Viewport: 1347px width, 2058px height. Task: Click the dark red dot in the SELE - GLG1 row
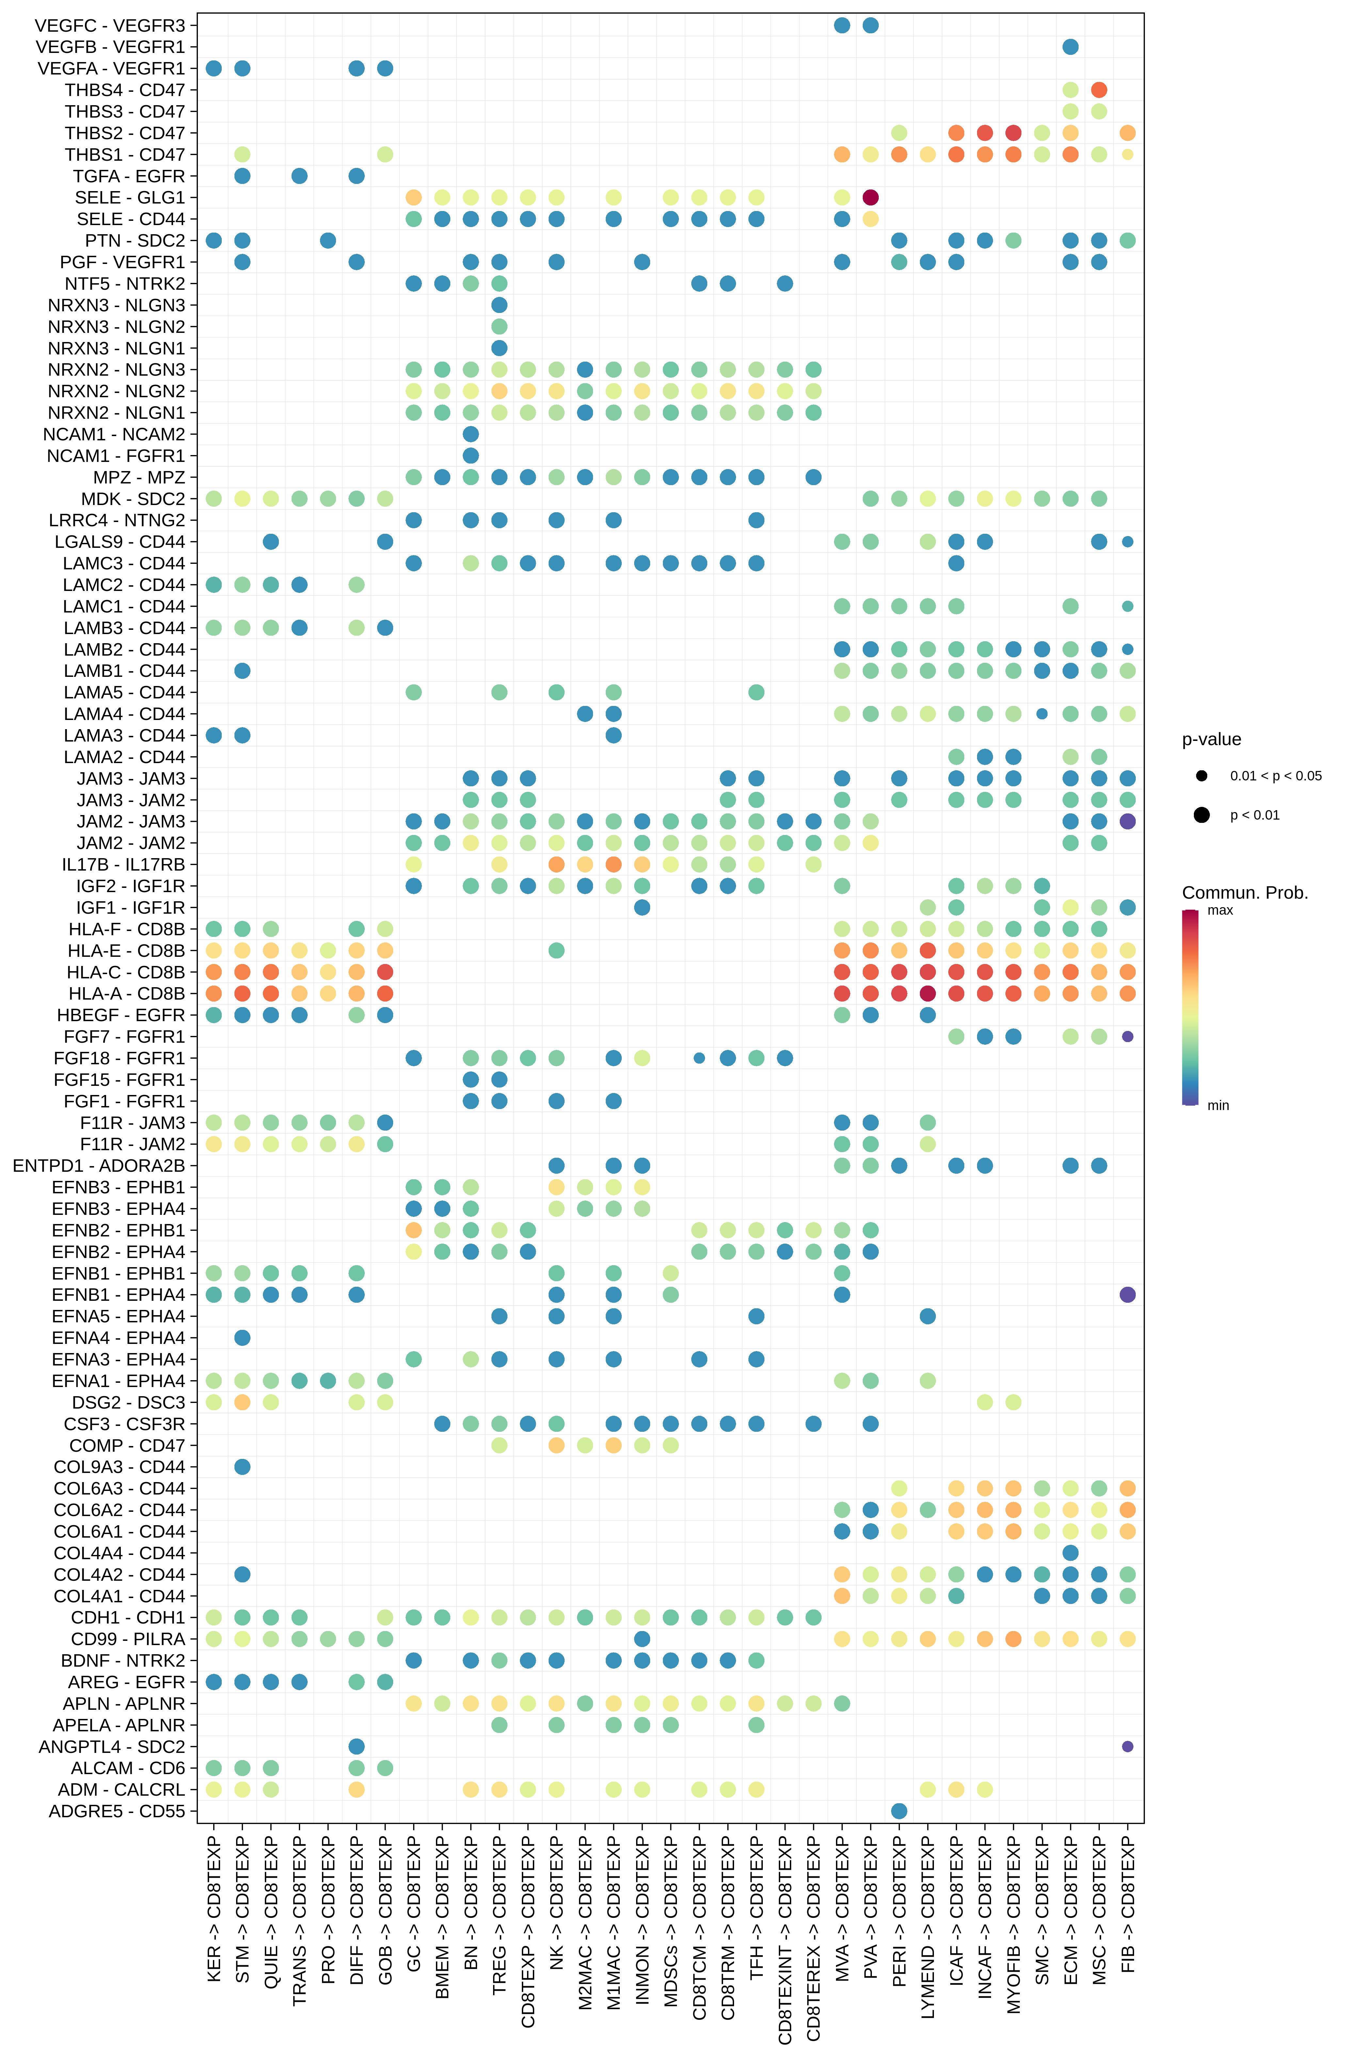871,197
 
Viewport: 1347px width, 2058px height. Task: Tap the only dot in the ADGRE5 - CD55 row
899,1811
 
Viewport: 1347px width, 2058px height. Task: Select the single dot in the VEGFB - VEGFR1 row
1070,47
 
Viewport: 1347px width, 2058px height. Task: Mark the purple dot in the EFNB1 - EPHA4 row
1128,1295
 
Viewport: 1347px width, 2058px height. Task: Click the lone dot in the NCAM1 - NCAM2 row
470,434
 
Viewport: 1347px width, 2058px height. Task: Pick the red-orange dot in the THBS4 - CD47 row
1099,90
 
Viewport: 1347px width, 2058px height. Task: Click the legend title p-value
1211,739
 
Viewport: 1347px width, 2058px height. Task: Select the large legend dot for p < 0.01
1202,815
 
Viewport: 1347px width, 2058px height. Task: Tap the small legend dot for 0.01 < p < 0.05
1202,776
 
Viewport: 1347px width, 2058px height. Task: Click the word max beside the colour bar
1220,910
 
